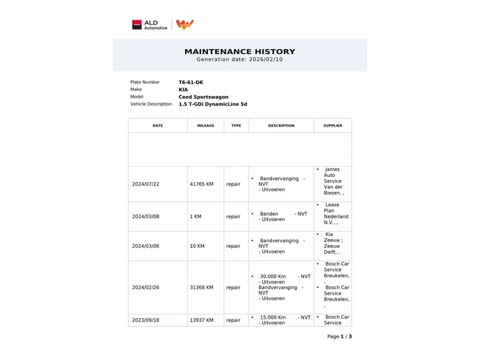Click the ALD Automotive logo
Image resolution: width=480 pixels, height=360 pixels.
click(150, 25)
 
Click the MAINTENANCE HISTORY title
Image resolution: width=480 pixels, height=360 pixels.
click(240, 51)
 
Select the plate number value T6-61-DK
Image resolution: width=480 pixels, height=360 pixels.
click(191, 82)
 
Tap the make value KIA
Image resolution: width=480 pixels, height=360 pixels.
click(183, 90)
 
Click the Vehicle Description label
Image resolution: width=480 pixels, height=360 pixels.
click(151, 104)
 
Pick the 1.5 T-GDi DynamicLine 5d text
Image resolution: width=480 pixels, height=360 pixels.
click(212, 104)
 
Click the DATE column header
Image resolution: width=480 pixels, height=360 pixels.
click(158, 125)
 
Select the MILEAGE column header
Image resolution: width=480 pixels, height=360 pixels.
click(205, 125)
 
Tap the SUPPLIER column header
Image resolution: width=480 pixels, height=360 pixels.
click(333, 125)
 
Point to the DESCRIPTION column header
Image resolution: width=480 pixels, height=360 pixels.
click(281, 125)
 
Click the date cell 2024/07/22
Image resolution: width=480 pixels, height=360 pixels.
click(146, 184)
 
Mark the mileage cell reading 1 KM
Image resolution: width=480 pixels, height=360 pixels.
click(196, 216)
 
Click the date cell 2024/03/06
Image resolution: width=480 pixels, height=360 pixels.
click(146, 246)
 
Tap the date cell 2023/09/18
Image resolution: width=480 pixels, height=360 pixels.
click(146, 320)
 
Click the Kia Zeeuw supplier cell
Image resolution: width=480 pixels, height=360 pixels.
click(332, 246)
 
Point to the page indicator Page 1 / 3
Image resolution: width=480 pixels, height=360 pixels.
click(339, 336)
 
